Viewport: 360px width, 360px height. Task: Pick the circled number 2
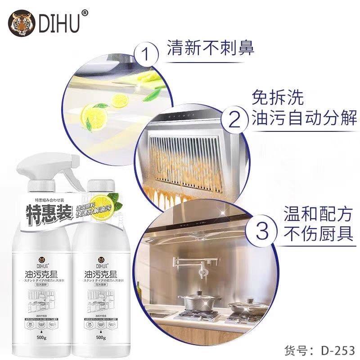coord(239,121)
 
